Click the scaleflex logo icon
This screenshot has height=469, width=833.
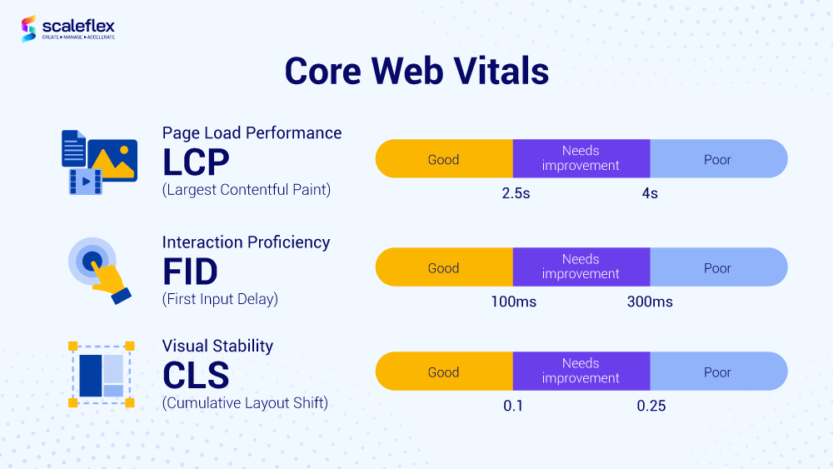click(x=30, y=28)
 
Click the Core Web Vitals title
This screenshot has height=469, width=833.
click(x=416, y=72)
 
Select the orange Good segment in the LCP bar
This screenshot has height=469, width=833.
click(x=443, y=159)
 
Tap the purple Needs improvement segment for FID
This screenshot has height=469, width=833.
click(x=581, y=267)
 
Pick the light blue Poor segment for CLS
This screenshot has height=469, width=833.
click(x=717, y=372)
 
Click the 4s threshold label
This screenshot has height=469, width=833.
click(x=649, y=193)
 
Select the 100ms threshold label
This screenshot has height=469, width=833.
click(x=513, y=302)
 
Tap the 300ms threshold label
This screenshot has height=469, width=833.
click(x=650, y=302)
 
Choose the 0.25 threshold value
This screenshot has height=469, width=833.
click(x=651, y=406)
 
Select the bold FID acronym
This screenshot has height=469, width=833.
click(x=190, y=271)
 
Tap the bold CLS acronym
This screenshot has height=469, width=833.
click(x=196, y=375)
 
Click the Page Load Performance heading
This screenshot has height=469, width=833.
click(x=252, y=132)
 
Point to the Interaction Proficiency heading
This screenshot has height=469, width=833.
click(x=246, y=242)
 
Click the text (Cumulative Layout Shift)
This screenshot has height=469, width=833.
click(x=245, y=403)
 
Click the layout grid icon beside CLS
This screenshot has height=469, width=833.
click(x=102, y=374)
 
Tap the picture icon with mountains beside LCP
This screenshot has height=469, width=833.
click(x=113, y=159)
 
